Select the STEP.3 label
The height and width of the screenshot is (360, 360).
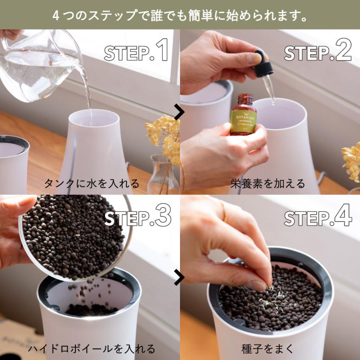point(138,217)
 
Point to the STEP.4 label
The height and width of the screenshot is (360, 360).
point(318,217)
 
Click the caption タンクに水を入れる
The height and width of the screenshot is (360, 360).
point(92,184)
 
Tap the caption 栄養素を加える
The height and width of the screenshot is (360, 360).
point(268,184)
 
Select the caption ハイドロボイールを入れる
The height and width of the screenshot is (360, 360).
point(92,348)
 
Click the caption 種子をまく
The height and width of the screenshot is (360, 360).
point(268,348)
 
